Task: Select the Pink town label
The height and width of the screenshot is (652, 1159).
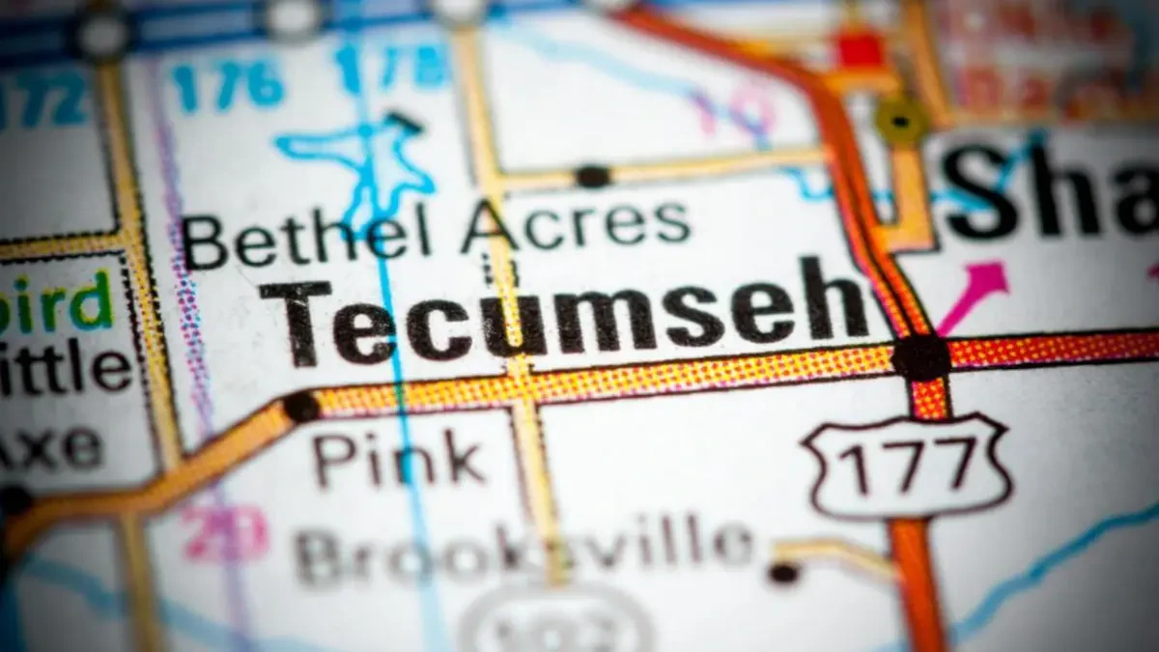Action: [x=399, y=458]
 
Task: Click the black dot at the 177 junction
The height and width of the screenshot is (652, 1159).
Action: [x=920, y=357]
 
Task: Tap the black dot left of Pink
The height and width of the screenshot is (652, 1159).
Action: [x=301, y=407]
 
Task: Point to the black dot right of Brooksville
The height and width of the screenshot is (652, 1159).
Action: [x=783, y=573]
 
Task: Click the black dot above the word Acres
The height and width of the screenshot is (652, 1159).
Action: [x=592, y=177]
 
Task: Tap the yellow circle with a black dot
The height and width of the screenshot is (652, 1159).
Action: [x=900, y=121]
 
